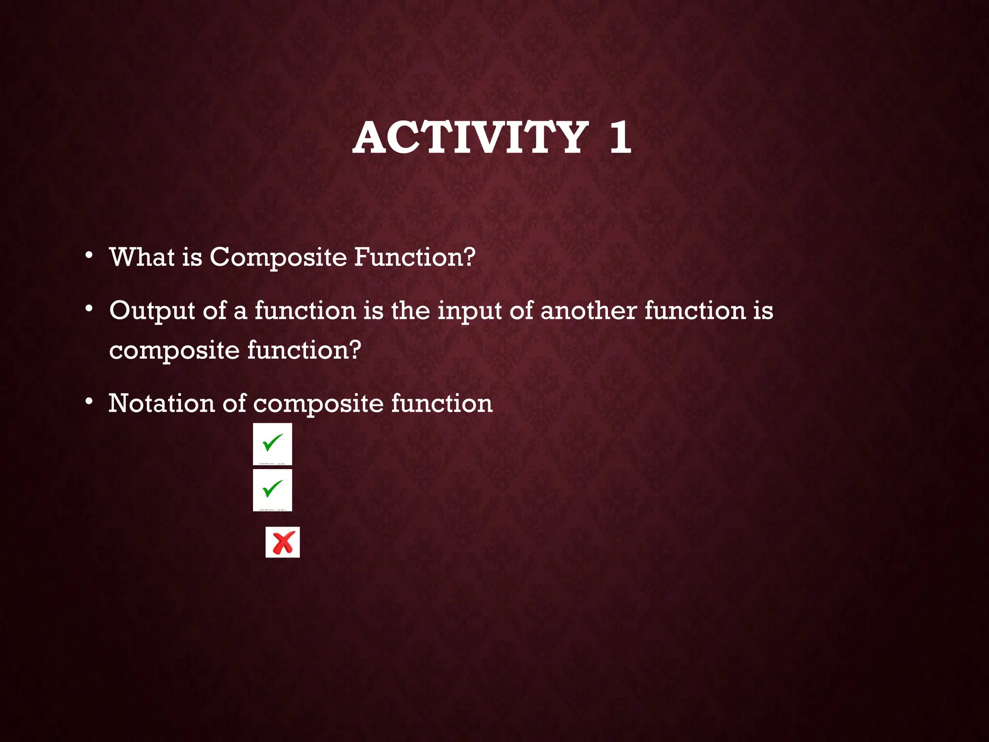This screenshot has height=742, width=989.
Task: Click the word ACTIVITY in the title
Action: click(x=470, y=138)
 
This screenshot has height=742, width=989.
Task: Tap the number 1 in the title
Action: click(x=620, y=138)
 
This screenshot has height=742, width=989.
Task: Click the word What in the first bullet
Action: click(x=141, y=257)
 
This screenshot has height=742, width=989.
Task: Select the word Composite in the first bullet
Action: click(x=278, y=257)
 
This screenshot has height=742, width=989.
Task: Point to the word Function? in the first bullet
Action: click(x=414, y=257)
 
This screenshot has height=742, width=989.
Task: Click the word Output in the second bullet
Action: click(x=152, y=311)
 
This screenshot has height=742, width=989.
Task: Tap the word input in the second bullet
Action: click(x=469, y=311)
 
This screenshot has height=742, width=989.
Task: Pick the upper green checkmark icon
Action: click(x=272, y=443)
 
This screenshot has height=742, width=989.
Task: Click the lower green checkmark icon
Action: click(x=272, y=489)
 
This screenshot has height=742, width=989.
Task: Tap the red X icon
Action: click(x=283, y=542)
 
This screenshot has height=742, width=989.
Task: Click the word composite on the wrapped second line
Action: click(x=174, y=351)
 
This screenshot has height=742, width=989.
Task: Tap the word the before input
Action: click(x=410, y=310)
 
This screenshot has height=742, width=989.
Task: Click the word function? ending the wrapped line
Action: click(x=304, y=350)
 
